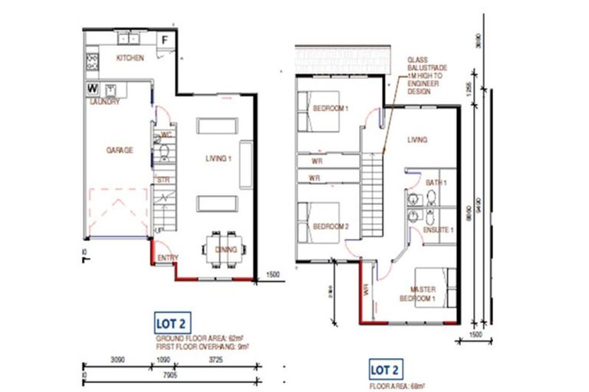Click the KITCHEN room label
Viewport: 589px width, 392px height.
(x=130, y=59)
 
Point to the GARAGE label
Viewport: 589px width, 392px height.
(x=119, y=151)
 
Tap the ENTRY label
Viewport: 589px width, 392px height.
(x=168, y=258)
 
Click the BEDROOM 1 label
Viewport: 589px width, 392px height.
(x=331, y=109)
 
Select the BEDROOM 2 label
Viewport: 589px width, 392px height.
(x=331, y=226)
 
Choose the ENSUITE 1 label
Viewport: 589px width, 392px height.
(x=440, y=230)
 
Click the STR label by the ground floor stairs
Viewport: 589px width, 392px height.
(x=163, y=179)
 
